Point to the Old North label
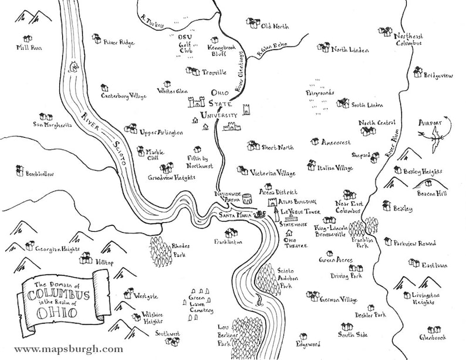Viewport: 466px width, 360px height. coord(275,26)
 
